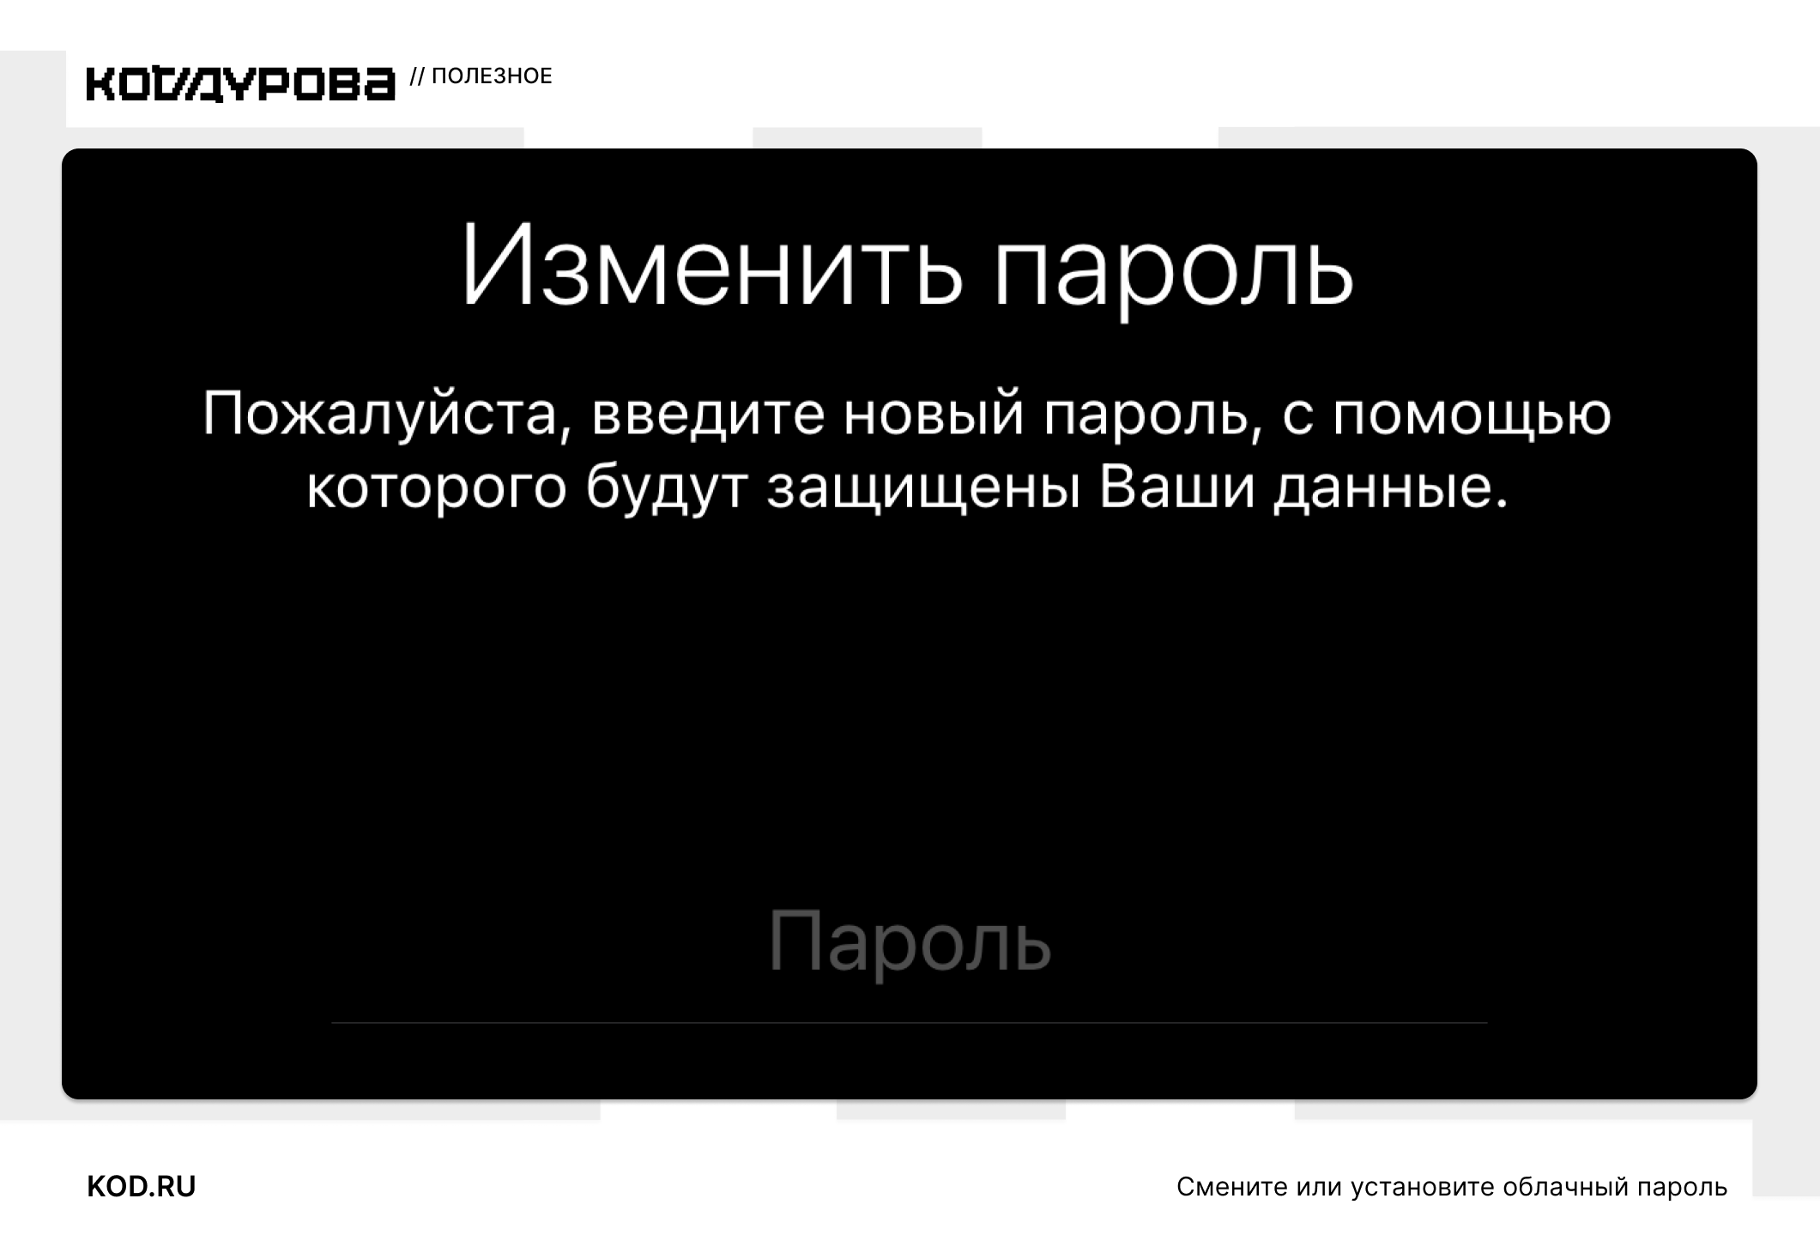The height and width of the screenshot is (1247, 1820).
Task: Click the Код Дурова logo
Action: coord(241,83)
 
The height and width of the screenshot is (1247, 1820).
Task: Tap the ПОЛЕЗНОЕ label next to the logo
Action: coord(492,76)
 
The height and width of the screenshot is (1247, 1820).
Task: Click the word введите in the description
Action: coord(709,413)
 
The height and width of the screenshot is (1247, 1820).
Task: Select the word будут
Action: coord(668,487)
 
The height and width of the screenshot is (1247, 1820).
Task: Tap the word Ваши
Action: coord(1177,487)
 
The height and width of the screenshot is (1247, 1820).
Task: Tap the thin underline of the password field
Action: coord(910,1023)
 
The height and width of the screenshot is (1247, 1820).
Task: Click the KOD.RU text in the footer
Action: coord(142,1187)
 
